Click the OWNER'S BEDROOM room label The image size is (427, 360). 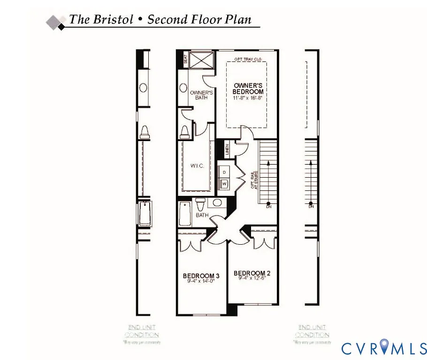click(x=248, y=89)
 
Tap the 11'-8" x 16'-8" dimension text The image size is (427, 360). click(x=248, y=98)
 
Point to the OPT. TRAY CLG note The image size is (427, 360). click(x=247, y=60)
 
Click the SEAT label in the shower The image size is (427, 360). click(x=185, y=60)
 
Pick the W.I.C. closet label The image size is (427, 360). click(x=197, y=166)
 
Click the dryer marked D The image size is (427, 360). click(x=224, y=172)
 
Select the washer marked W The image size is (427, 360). click(x=224, y=184)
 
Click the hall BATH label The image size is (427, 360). click(x=202, y=215)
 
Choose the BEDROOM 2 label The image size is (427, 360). click(x=252, y=273)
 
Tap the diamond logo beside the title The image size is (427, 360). click(x=56, y=22)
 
